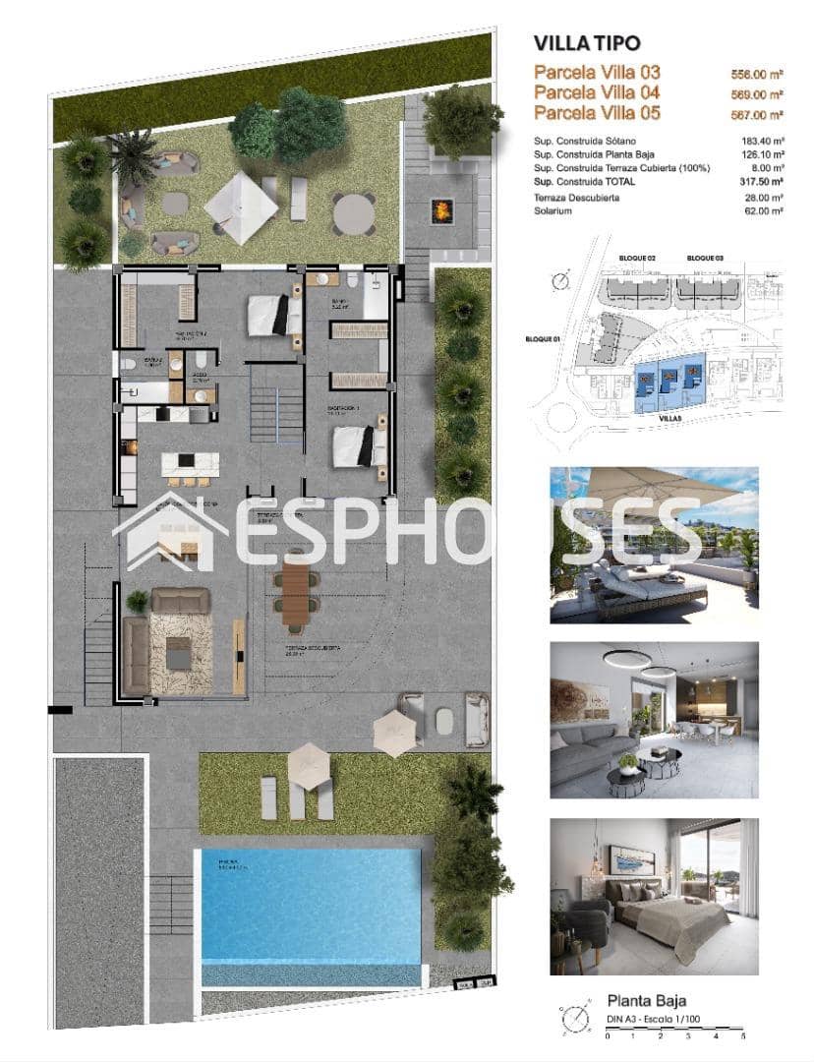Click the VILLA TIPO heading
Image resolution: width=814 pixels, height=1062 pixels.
[x=586, y=43]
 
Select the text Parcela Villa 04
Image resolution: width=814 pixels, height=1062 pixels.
[x=597, y=92]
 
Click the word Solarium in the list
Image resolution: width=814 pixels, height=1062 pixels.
[x=553, y=210]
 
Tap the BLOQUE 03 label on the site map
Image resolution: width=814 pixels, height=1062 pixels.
[x=705, y=258]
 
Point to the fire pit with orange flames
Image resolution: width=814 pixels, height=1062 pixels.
[x=442, y=209]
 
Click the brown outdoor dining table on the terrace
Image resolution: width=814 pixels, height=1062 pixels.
[x=296, y=590]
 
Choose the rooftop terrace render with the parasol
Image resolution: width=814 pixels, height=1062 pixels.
[x=654, y=545]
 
